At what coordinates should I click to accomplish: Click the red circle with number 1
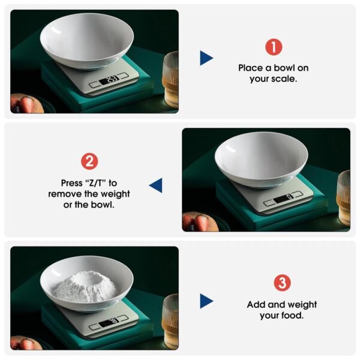[274, 47]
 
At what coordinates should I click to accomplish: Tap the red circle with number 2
[89, 161]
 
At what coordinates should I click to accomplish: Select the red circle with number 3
[282, 283]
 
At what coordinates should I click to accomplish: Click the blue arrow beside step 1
[206, 58]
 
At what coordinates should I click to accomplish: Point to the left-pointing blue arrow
[156, 185]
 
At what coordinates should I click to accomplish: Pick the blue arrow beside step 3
[206, 301]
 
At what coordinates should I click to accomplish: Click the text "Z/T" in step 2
[97, 182]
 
